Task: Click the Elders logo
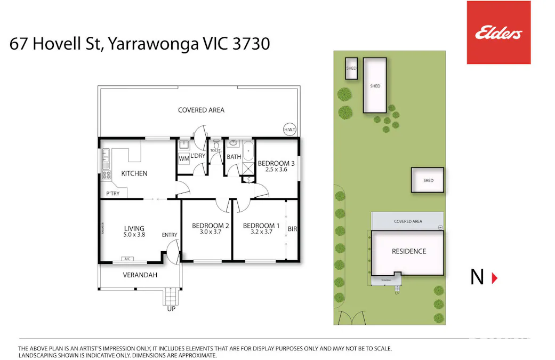click(498, 33)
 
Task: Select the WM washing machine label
click(183, 158)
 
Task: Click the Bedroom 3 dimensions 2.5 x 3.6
click(276, 170)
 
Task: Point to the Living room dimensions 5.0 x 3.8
click(134, 234)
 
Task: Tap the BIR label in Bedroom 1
click(292, 229)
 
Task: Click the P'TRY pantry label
click(112, 194)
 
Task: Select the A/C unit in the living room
click(127, 259)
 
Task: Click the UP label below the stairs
click(171, 309)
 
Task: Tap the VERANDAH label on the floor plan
click(135, 275)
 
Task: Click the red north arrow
click(494, 277)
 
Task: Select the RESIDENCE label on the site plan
click(409, 251)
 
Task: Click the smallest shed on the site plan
click(351, 68)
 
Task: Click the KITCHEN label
click(134, 173)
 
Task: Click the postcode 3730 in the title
click(251, 44)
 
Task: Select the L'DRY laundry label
click(198, 156)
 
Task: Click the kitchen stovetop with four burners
click(106, 174)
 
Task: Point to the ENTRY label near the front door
click(170, 235)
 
